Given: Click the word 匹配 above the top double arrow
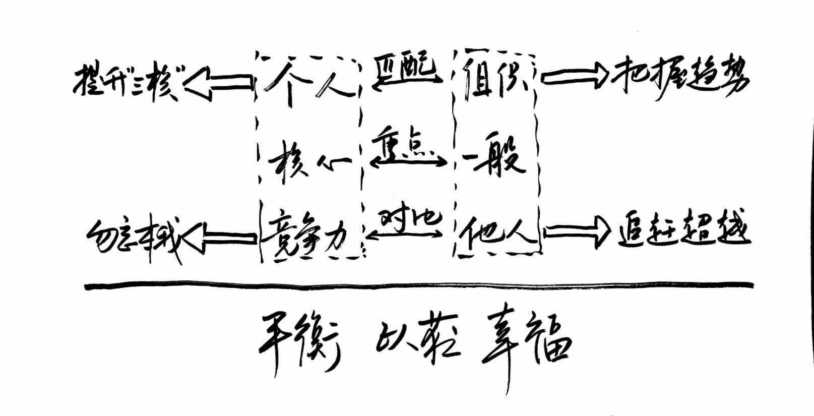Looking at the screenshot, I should [406, 68].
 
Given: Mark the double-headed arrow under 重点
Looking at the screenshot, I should [409, 161].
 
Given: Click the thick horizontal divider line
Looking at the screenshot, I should [418, 286].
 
